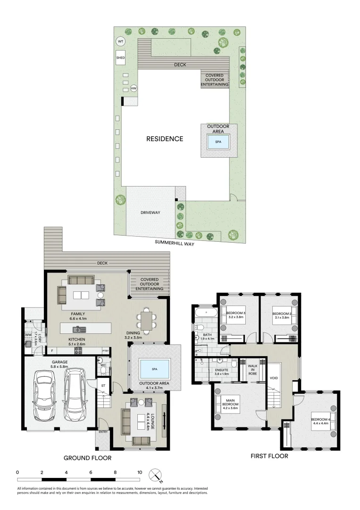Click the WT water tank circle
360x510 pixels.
(120, 42)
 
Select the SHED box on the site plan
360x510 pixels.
(121, 58)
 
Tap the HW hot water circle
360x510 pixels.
(134, 88)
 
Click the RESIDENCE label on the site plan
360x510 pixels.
(164, 139)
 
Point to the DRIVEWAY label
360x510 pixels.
(151, 212)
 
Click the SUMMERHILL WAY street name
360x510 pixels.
(174, 244)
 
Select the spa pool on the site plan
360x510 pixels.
(218, 141)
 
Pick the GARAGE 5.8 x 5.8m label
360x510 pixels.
(60, 364)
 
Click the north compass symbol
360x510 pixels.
(155, 475)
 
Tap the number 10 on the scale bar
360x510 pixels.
(140, 472)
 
